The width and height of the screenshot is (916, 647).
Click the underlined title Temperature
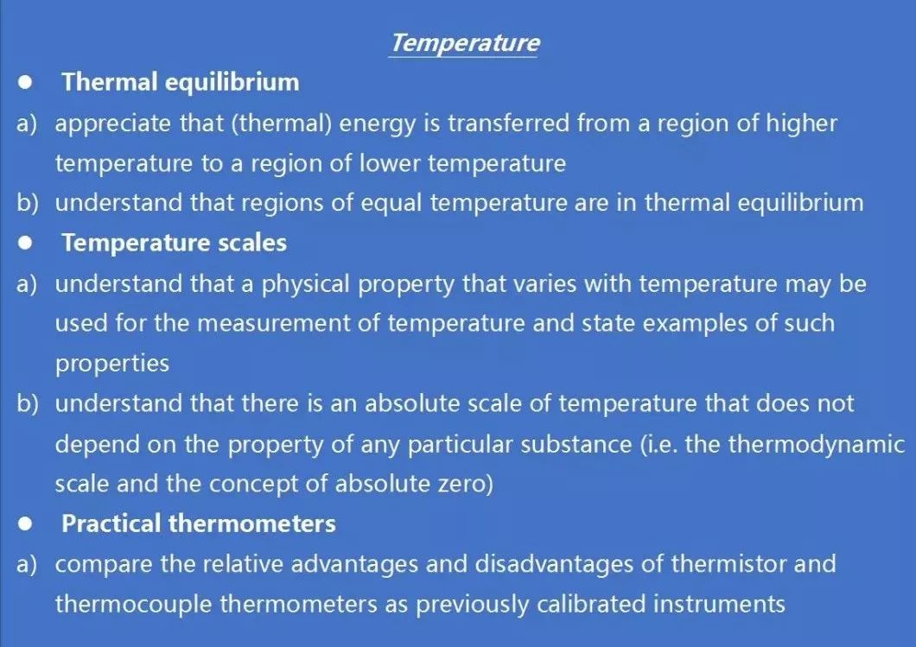pyautogui.click(x=464, y=43)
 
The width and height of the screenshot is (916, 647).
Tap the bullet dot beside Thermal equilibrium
pyautogui.click(x=25, y=82)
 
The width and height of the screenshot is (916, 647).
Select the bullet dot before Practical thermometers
pyautogui.click(x=25, y=523)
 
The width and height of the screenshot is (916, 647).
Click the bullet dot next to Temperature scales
pyautogui.click(x=25, y=243)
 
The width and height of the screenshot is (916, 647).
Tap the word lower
pyautogui.click(x=389, y=163)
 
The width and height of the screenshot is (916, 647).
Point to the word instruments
pyautogui.click(x=719, y=604)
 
